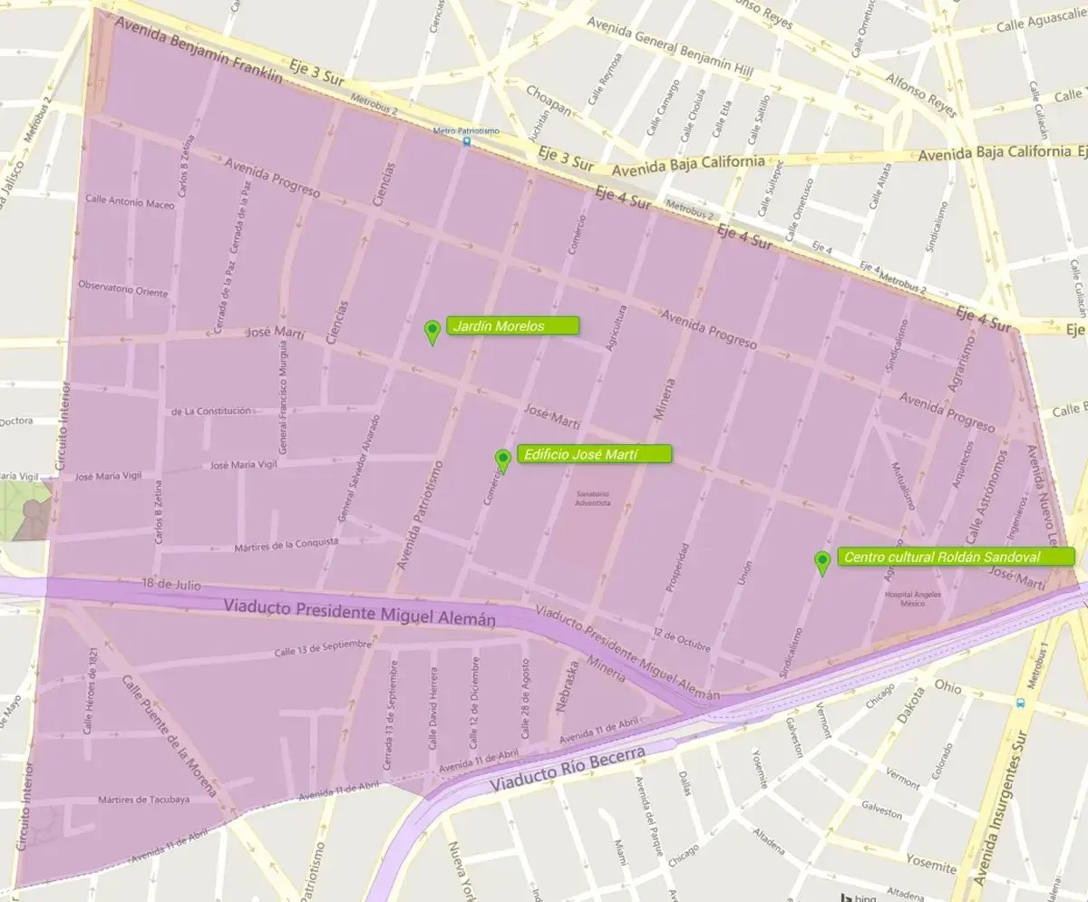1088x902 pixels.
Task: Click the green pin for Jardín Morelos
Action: click(x=433, y=331)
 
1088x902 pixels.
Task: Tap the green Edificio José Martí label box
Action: click(x=593, y=454)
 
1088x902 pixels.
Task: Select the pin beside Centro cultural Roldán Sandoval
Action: click(x=822, y=561)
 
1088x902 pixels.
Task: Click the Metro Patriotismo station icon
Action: click(x=467, y=141)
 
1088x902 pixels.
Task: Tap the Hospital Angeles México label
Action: click(x=909, y=600)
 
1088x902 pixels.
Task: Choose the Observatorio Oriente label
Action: click(x=123, y=292)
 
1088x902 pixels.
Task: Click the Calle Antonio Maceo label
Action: click(x=130, y=204)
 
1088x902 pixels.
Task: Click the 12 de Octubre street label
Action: click(x=681, y=639)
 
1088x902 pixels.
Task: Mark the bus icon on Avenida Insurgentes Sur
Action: click(x=1022, y=703)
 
